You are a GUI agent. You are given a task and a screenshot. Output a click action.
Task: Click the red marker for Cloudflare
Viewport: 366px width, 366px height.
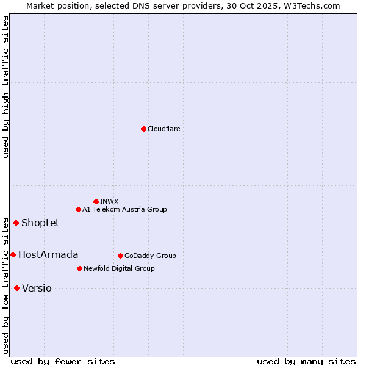143,129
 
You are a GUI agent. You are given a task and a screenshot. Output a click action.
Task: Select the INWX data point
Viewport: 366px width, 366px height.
96,201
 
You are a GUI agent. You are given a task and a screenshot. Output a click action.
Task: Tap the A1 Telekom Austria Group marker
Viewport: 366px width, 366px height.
78,209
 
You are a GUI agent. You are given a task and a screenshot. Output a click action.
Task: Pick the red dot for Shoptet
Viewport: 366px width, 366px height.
16,223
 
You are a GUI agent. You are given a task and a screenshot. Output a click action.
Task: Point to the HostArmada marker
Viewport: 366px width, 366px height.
13,254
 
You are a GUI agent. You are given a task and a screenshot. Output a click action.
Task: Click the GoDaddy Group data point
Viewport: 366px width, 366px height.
120,256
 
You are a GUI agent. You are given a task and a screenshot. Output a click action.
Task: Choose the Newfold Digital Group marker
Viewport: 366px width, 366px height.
79,268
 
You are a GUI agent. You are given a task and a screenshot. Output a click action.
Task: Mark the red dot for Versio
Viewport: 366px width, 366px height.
16,288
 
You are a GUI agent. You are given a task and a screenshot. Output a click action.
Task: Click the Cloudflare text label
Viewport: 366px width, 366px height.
164,129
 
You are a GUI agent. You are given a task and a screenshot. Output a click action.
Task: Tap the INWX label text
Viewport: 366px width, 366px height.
109,201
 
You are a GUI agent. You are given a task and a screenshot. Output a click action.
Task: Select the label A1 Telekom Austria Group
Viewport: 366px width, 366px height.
124,209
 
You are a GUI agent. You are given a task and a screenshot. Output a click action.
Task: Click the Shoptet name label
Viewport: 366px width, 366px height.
40,223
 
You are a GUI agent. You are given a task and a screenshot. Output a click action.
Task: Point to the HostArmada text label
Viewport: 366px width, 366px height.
48,254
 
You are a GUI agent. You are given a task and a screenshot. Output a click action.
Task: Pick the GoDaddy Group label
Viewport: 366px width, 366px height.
150,256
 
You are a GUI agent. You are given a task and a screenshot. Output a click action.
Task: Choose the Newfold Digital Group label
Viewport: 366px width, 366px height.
119,268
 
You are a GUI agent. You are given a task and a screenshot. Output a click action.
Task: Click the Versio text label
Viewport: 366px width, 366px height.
37,288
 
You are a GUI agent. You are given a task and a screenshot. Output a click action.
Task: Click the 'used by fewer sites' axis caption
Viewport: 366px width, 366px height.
63,361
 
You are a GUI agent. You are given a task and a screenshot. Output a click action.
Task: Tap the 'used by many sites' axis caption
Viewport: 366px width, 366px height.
306,361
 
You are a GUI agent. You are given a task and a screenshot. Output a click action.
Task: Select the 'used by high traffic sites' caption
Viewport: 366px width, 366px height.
5,87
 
